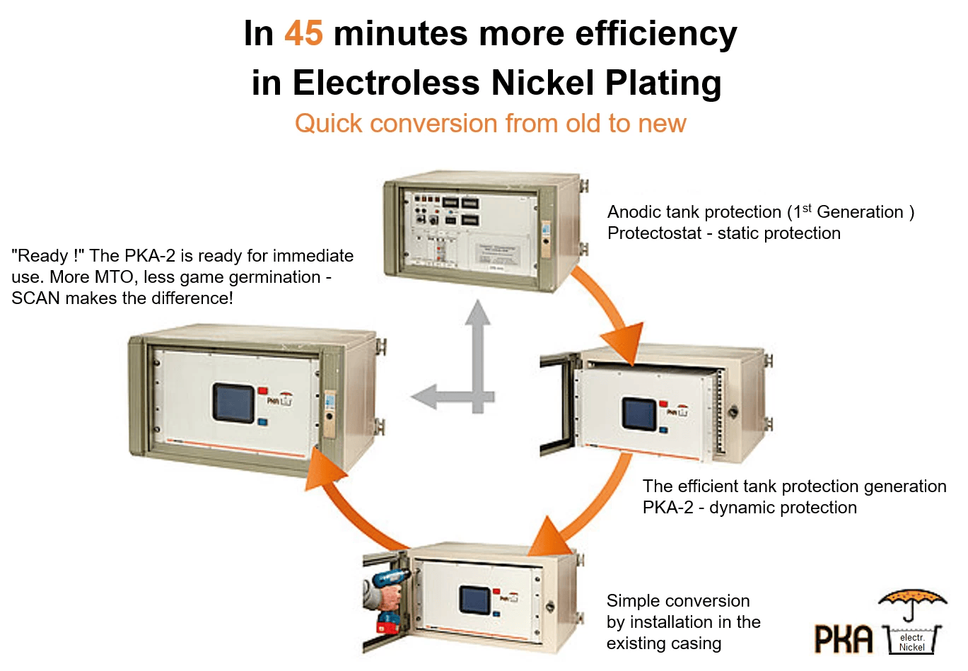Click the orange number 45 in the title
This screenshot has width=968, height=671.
[x=303, y=33]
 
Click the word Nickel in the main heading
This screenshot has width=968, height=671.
[x=543, y=83]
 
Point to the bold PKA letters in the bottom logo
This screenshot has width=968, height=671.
[x=844, y=639]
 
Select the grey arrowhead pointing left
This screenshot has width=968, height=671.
[x=424, y=397]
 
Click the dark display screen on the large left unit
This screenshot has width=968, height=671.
[x=233, y=404]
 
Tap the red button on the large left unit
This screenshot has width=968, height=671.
[x=263, y=390]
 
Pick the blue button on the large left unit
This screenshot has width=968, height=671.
[x=262, y=421]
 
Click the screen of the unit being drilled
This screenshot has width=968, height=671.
[x=474, y=600]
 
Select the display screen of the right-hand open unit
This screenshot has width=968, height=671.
[x=640, y=414]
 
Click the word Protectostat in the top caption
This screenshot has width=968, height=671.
[x=654, y=234]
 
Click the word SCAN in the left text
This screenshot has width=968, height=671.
[x=35, y=298]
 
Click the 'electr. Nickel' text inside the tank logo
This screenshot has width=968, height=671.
[x=912, y=642]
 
